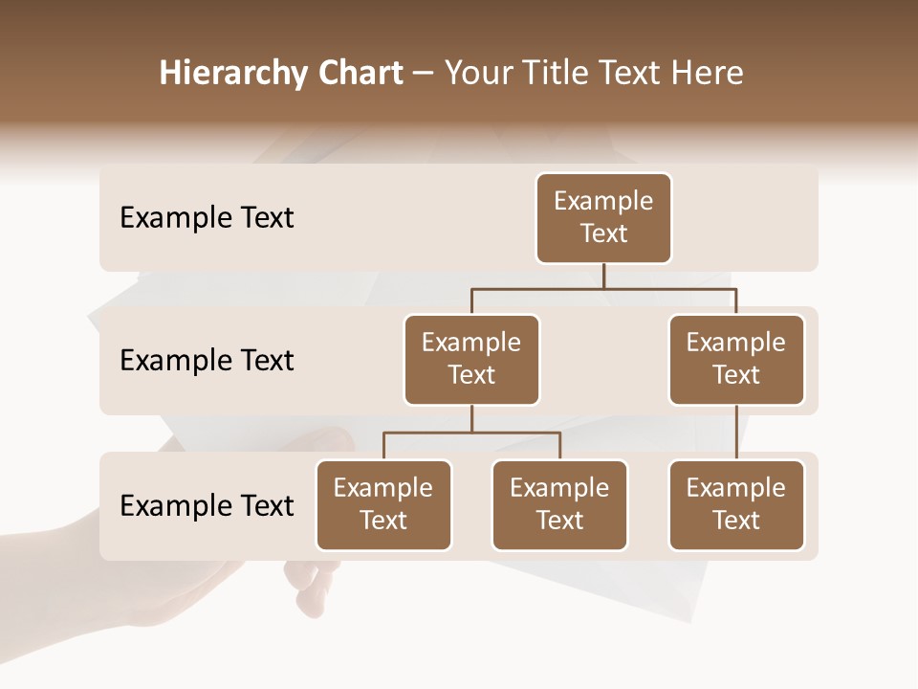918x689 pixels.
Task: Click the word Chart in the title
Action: coord(356,74)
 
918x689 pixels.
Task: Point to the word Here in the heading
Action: coord(709,74)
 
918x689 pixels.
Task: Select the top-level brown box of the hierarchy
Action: coord(603,218)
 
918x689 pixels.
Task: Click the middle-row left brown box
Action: coord(471,360)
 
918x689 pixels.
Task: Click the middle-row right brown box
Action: coord(736,360)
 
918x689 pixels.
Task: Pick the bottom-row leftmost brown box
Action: coord(383,505)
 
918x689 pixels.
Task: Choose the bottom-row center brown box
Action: coord(559,505)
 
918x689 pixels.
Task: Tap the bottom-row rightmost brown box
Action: coord(736,505)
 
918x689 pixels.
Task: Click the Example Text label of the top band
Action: coord(207,218)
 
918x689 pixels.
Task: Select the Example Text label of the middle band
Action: coord(207,361)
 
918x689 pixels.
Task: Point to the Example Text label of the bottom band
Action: coord(207,506)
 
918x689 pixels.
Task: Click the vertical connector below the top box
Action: coord(603,276)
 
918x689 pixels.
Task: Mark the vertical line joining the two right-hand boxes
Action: coord(736,433)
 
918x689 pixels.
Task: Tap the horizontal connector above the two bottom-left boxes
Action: coord(471,433)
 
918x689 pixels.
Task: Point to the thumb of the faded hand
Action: coord(325,442)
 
